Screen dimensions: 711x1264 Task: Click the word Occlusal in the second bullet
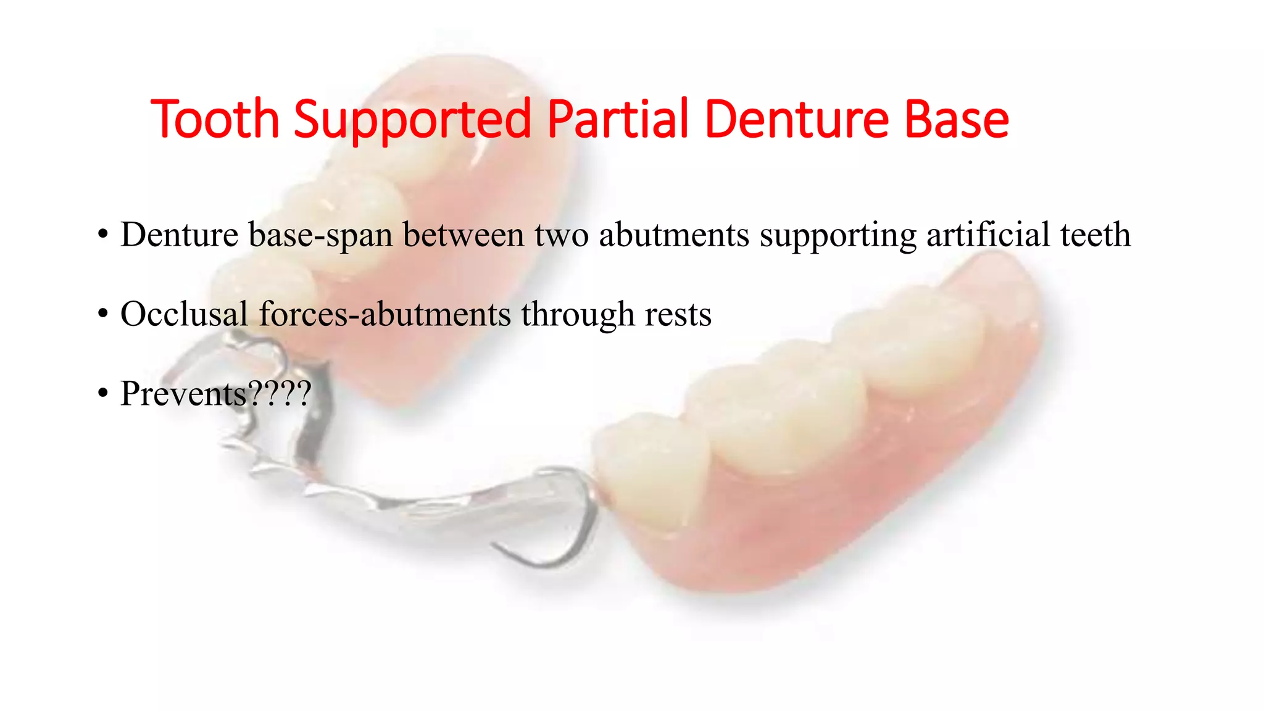(184, 314)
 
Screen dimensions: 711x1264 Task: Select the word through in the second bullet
(578, 315)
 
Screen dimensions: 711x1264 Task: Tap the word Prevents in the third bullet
(183, 394)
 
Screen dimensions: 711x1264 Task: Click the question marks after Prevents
(278, 394)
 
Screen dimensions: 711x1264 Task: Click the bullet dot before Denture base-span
(102, 235)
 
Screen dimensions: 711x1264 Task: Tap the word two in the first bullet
(561, 235)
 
